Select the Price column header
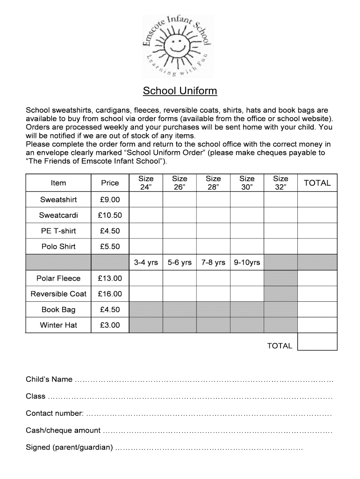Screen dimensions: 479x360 coord(110,183)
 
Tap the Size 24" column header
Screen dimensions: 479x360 coord(146,183)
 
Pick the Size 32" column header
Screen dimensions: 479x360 coord(281,183)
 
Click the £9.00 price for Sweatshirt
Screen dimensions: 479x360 coord(110,200)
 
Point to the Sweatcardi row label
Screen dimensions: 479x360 coord(58,216)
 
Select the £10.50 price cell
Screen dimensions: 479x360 coord(110,216)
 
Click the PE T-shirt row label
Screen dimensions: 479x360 coord(58,231)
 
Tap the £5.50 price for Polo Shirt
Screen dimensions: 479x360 coord(110,247)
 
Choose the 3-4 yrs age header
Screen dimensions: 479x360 coord(146,262)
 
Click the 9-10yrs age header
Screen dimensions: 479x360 coord(247,262)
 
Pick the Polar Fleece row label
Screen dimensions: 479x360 coord(58,278)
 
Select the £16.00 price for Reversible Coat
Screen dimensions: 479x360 coord(110,294)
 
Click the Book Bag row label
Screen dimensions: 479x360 coord(58,310)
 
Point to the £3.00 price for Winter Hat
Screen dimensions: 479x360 coord(110,325)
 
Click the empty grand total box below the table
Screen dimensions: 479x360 coord(317,341)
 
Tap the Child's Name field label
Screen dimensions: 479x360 coord(49,379)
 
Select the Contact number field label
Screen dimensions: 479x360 coord(55,414)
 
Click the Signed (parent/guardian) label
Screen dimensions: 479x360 coord(69,448)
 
